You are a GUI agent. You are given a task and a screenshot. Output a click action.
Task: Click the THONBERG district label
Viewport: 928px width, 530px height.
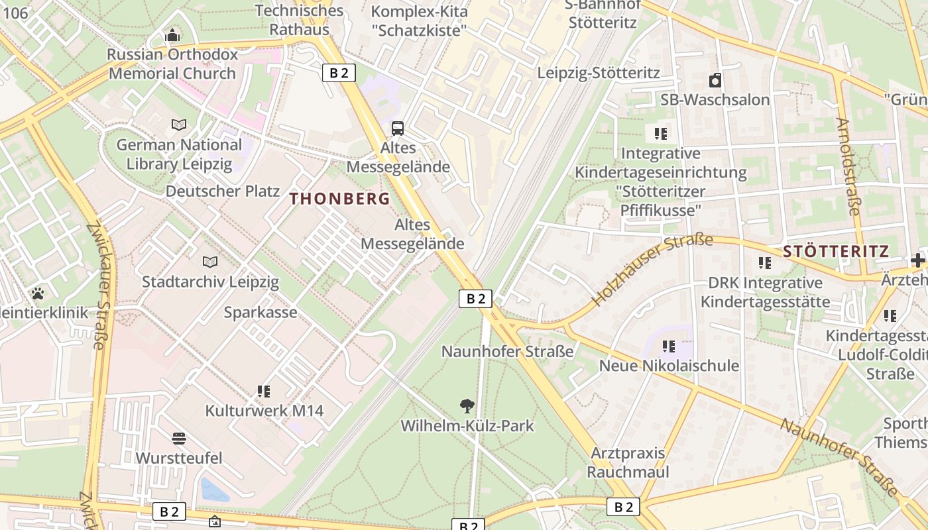click(x=340, y=198)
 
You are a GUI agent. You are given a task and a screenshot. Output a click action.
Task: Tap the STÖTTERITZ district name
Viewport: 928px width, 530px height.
click(x=836, y=251)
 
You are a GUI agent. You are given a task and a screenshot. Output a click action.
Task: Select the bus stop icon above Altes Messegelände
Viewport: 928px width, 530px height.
click(x=398, y=128)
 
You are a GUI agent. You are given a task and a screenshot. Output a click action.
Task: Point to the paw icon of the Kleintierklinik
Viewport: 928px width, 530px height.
click(x=38, y=293)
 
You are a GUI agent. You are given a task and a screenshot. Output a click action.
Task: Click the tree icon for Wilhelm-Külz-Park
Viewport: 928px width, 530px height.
click(x=467, y=405)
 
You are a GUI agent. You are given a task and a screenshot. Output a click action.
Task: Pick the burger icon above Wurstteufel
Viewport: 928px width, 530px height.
click(x=178, y=438)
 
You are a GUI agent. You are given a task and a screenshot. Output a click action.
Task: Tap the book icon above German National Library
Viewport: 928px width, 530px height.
click(x=179, y=125)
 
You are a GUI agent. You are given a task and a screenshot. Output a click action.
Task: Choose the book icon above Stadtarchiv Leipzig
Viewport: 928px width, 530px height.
click(x=210, y=262)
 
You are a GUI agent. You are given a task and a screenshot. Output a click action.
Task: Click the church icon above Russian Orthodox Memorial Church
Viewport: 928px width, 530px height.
click(x=172, y=35)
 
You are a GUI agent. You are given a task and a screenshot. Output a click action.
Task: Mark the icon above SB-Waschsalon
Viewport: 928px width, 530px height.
click(x=715, y=81)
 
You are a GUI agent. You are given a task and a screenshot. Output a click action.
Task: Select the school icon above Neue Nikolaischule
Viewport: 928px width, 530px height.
click(x=669, y=346)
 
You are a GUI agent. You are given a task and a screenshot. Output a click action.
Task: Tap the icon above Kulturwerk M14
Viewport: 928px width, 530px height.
click(x=264, y=391)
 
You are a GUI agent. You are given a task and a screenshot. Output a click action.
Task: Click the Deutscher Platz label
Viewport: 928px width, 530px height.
click(x=223, y=191)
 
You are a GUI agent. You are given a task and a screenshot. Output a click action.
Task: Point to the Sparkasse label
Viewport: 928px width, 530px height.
click(x=261, y=312)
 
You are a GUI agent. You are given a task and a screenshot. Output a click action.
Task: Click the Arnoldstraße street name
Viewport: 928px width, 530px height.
click(x=847, y=166)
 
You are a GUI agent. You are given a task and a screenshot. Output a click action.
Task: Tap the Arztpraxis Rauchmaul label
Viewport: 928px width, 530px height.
click(x=628, y=462)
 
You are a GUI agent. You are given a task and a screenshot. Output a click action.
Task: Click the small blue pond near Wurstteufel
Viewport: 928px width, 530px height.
click(x=214, y=490)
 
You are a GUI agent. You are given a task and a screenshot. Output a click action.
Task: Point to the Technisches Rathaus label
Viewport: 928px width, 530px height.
click(x=300, y=20)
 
